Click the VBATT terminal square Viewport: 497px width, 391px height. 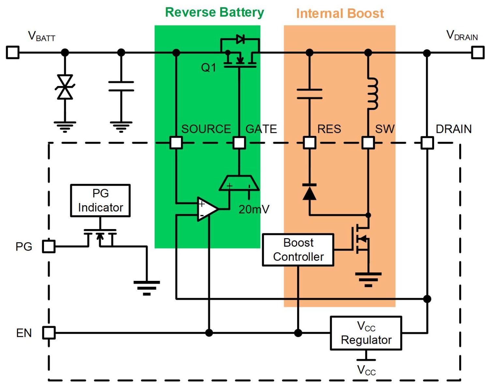13,53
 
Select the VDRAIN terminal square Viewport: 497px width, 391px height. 478,53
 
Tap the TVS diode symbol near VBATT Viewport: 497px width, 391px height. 65,87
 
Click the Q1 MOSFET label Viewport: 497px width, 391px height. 208,68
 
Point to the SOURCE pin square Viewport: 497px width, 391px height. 176,143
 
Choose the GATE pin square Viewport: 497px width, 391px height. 239,143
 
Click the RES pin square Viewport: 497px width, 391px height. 309,143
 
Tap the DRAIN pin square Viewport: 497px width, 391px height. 427,143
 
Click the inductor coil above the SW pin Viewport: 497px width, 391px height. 373,94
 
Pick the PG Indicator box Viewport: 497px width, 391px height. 100,200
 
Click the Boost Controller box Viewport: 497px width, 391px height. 298,250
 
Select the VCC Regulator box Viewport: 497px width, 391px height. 366,333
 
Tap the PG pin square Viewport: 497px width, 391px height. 49,247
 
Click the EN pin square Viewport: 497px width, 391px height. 49,333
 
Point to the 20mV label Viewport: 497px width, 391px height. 254,210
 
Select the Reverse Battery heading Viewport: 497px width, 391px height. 215,12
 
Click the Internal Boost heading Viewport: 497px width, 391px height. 340,13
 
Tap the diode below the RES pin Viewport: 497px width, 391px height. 309,192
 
